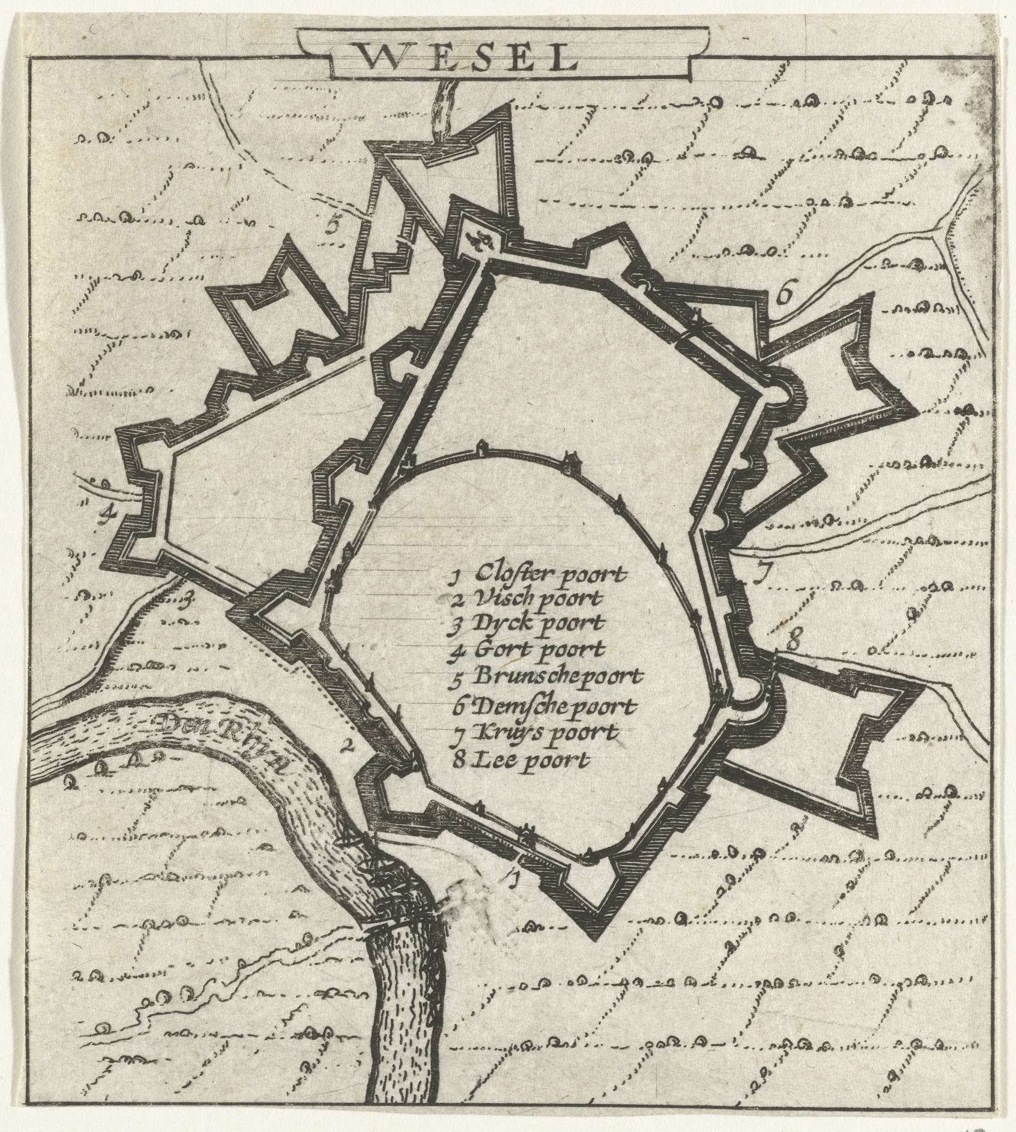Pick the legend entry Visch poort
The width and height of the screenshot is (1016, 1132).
pos(527,599)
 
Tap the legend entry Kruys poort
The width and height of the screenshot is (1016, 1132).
pos(536,732)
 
